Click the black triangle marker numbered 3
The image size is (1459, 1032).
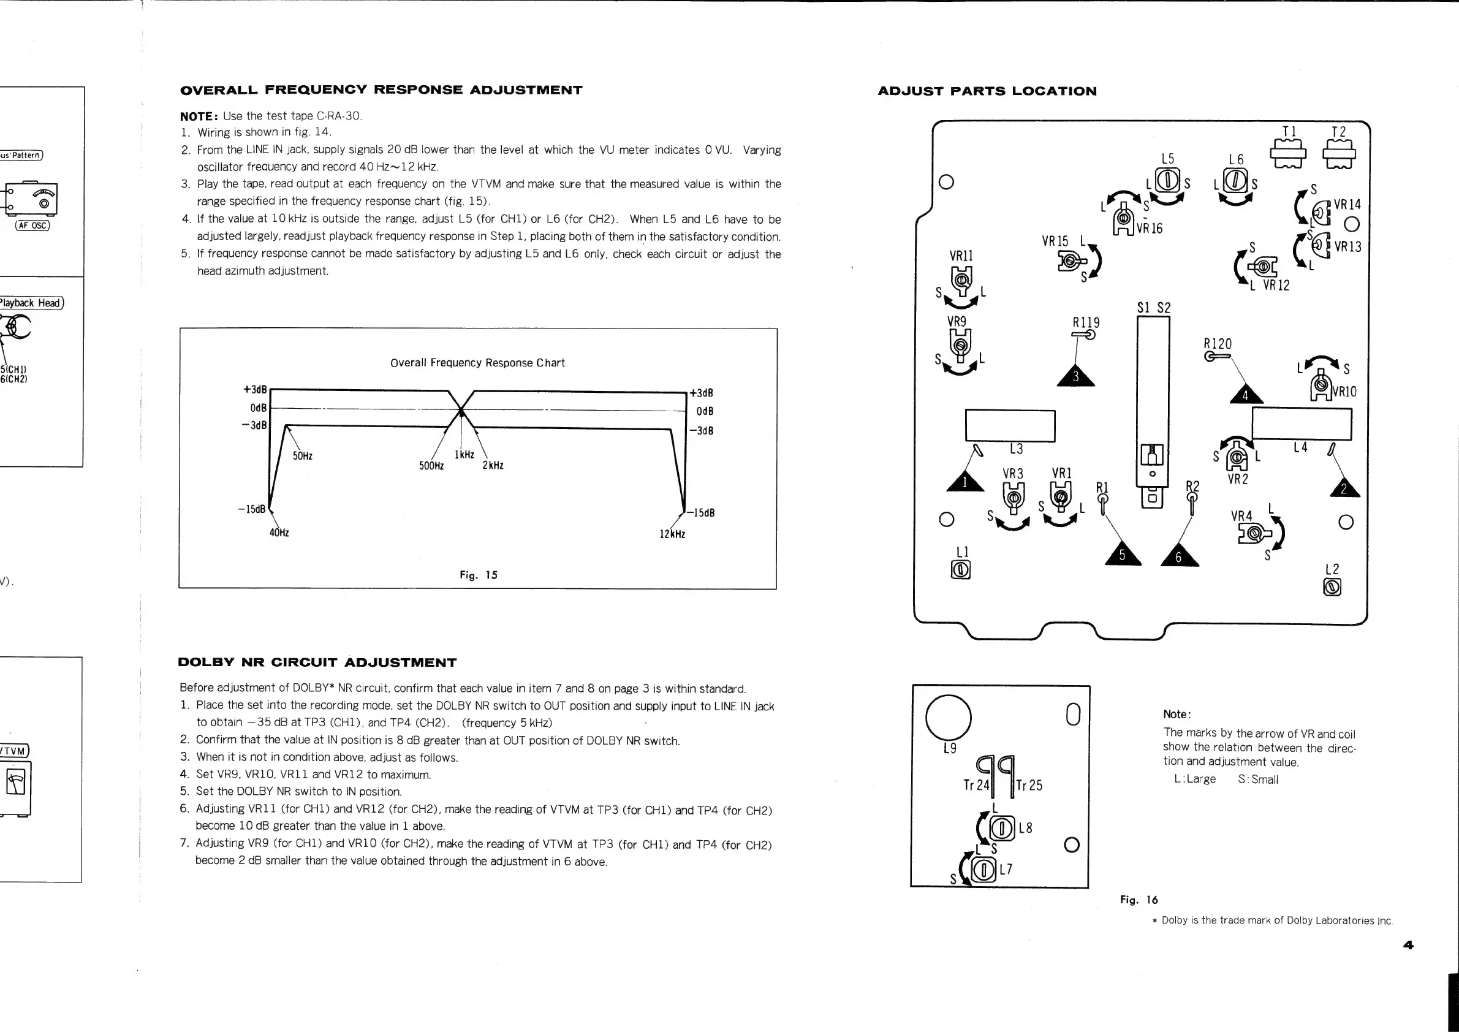[1076, 377]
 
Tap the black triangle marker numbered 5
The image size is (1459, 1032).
[1122, 555]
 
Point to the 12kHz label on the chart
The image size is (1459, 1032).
[672, 534]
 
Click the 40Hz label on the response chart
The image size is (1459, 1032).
[279, 533]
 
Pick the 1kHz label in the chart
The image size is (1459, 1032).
[464, 455]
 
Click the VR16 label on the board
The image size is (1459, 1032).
[1150, 229]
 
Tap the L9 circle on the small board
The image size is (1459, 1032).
[948, 717]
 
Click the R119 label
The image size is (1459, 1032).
[1086, 323]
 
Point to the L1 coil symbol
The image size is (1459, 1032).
[961, 570]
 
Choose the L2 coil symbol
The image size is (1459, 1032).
[1332, 587]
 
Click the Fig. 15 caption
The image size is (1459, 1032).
[479, 575]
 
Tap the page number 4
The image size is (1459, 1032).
[1408, 946]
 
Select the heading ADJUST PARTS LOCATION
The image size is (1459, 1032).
[987, 91]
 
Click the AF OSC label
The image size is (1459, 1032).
[32, 226]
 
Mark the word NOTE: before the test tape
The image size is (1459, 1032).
[199, 116]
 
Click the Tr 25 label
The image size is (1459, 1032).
[1029, 786]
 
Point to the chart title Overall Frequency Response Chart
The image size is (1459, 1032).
[477, 363]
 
